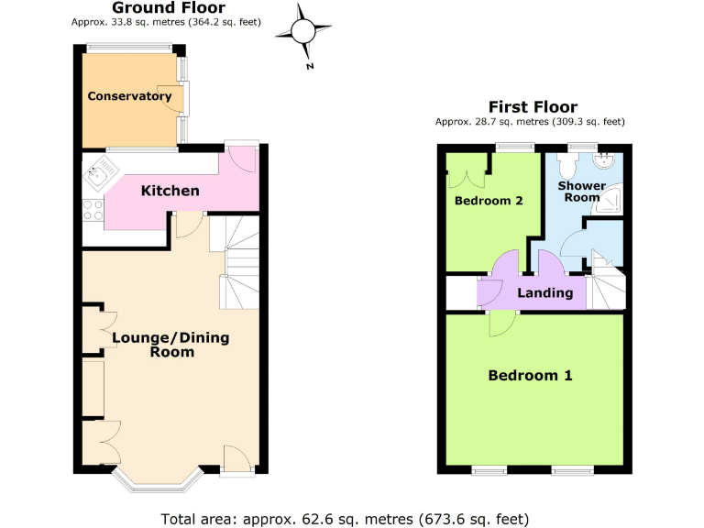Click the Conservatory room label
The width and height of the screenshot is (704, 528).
coord(129,96)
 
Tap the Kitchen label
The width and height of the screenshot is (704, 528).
coord(170,191)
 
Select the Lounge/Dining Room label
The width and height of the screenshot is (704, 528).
coord(170,345)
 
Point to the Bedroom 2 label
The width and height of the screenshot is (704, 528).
coord(489,200)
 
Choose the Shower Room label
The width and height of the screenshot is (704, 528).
coord(583,191)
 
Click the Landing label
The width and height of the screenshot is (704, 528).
coord(545,293)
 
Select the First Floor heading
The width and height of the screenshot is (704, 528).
coord(533,107)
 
